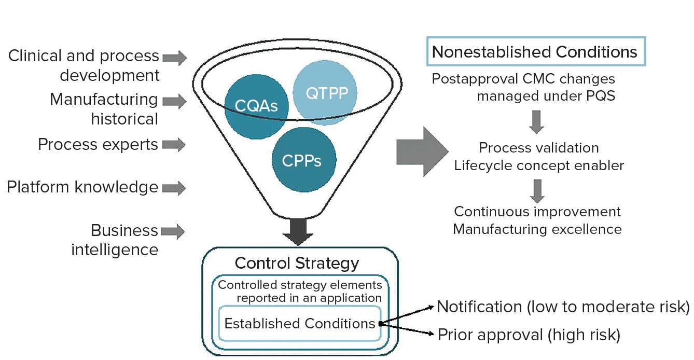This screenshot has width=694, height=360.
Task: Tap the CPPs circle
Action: tap(302, 160)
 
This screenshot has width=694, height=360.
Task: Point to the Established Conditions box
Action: tap(299, 324)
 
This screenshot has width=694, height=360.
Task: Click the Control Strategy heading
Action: tap(297, 262)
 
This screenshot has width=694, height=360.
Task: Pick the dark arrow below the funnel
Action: tap(298, 231)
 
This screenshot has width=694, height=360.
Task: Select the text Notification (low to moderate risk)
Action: tap(563, 307)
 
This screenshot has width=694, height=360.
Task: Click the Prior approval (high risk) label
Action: tap(529, 335)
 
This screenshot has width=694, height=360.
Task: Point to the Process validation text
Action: tap(539, 147)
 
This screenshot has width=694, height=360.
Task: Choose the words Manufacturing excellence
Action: tap(537, 229)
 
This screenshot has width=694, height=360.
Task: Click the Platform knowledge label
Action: tap(82, 187)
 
